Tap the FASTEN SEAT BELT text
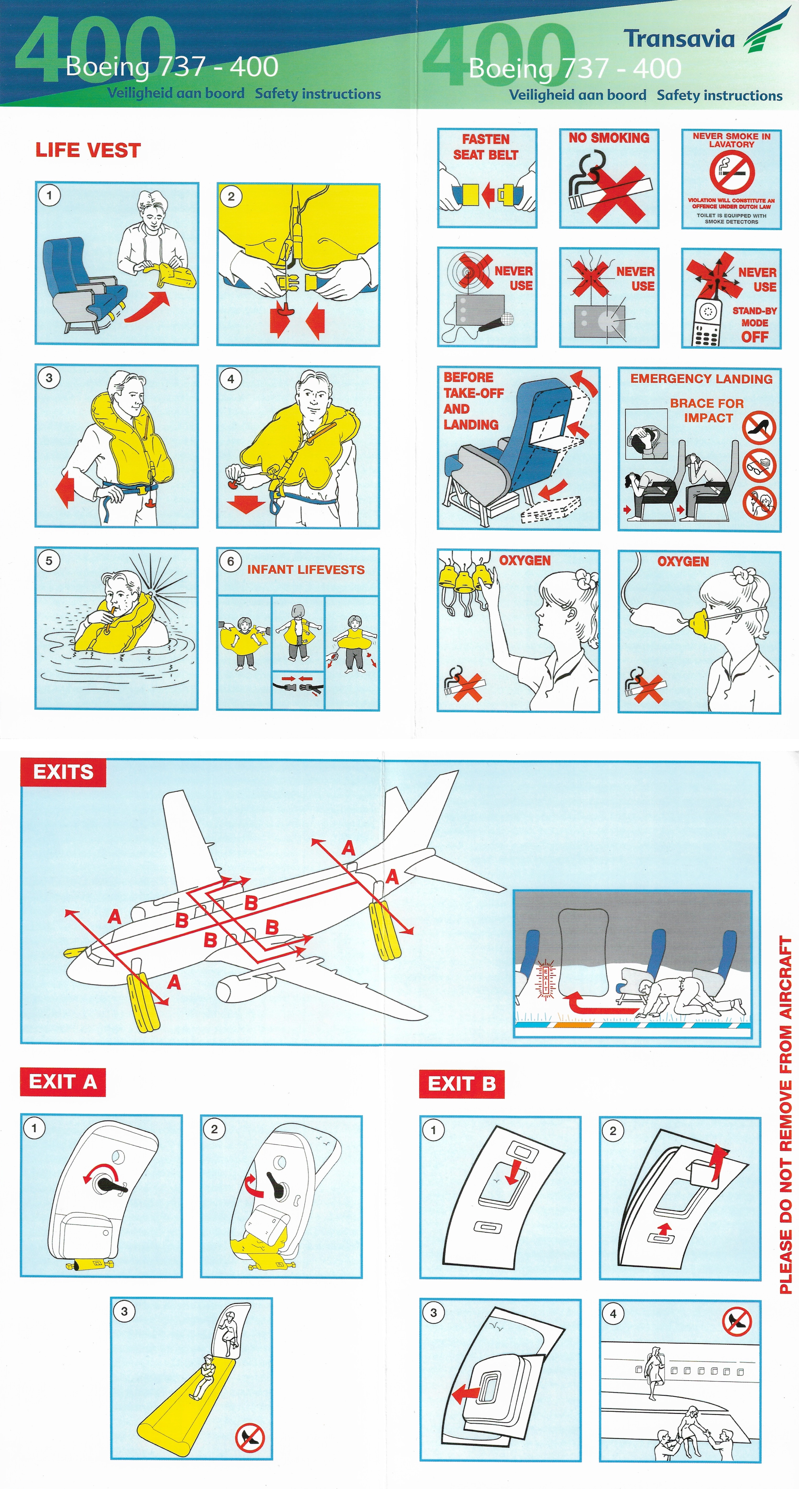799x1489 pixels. click(486, 147)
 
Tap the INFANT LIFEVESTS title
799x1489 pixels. click(306, 569)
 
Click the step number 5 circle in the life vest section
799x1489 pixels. click(49, 560)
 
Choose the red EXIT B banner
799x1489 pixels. click(461, 1083)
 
